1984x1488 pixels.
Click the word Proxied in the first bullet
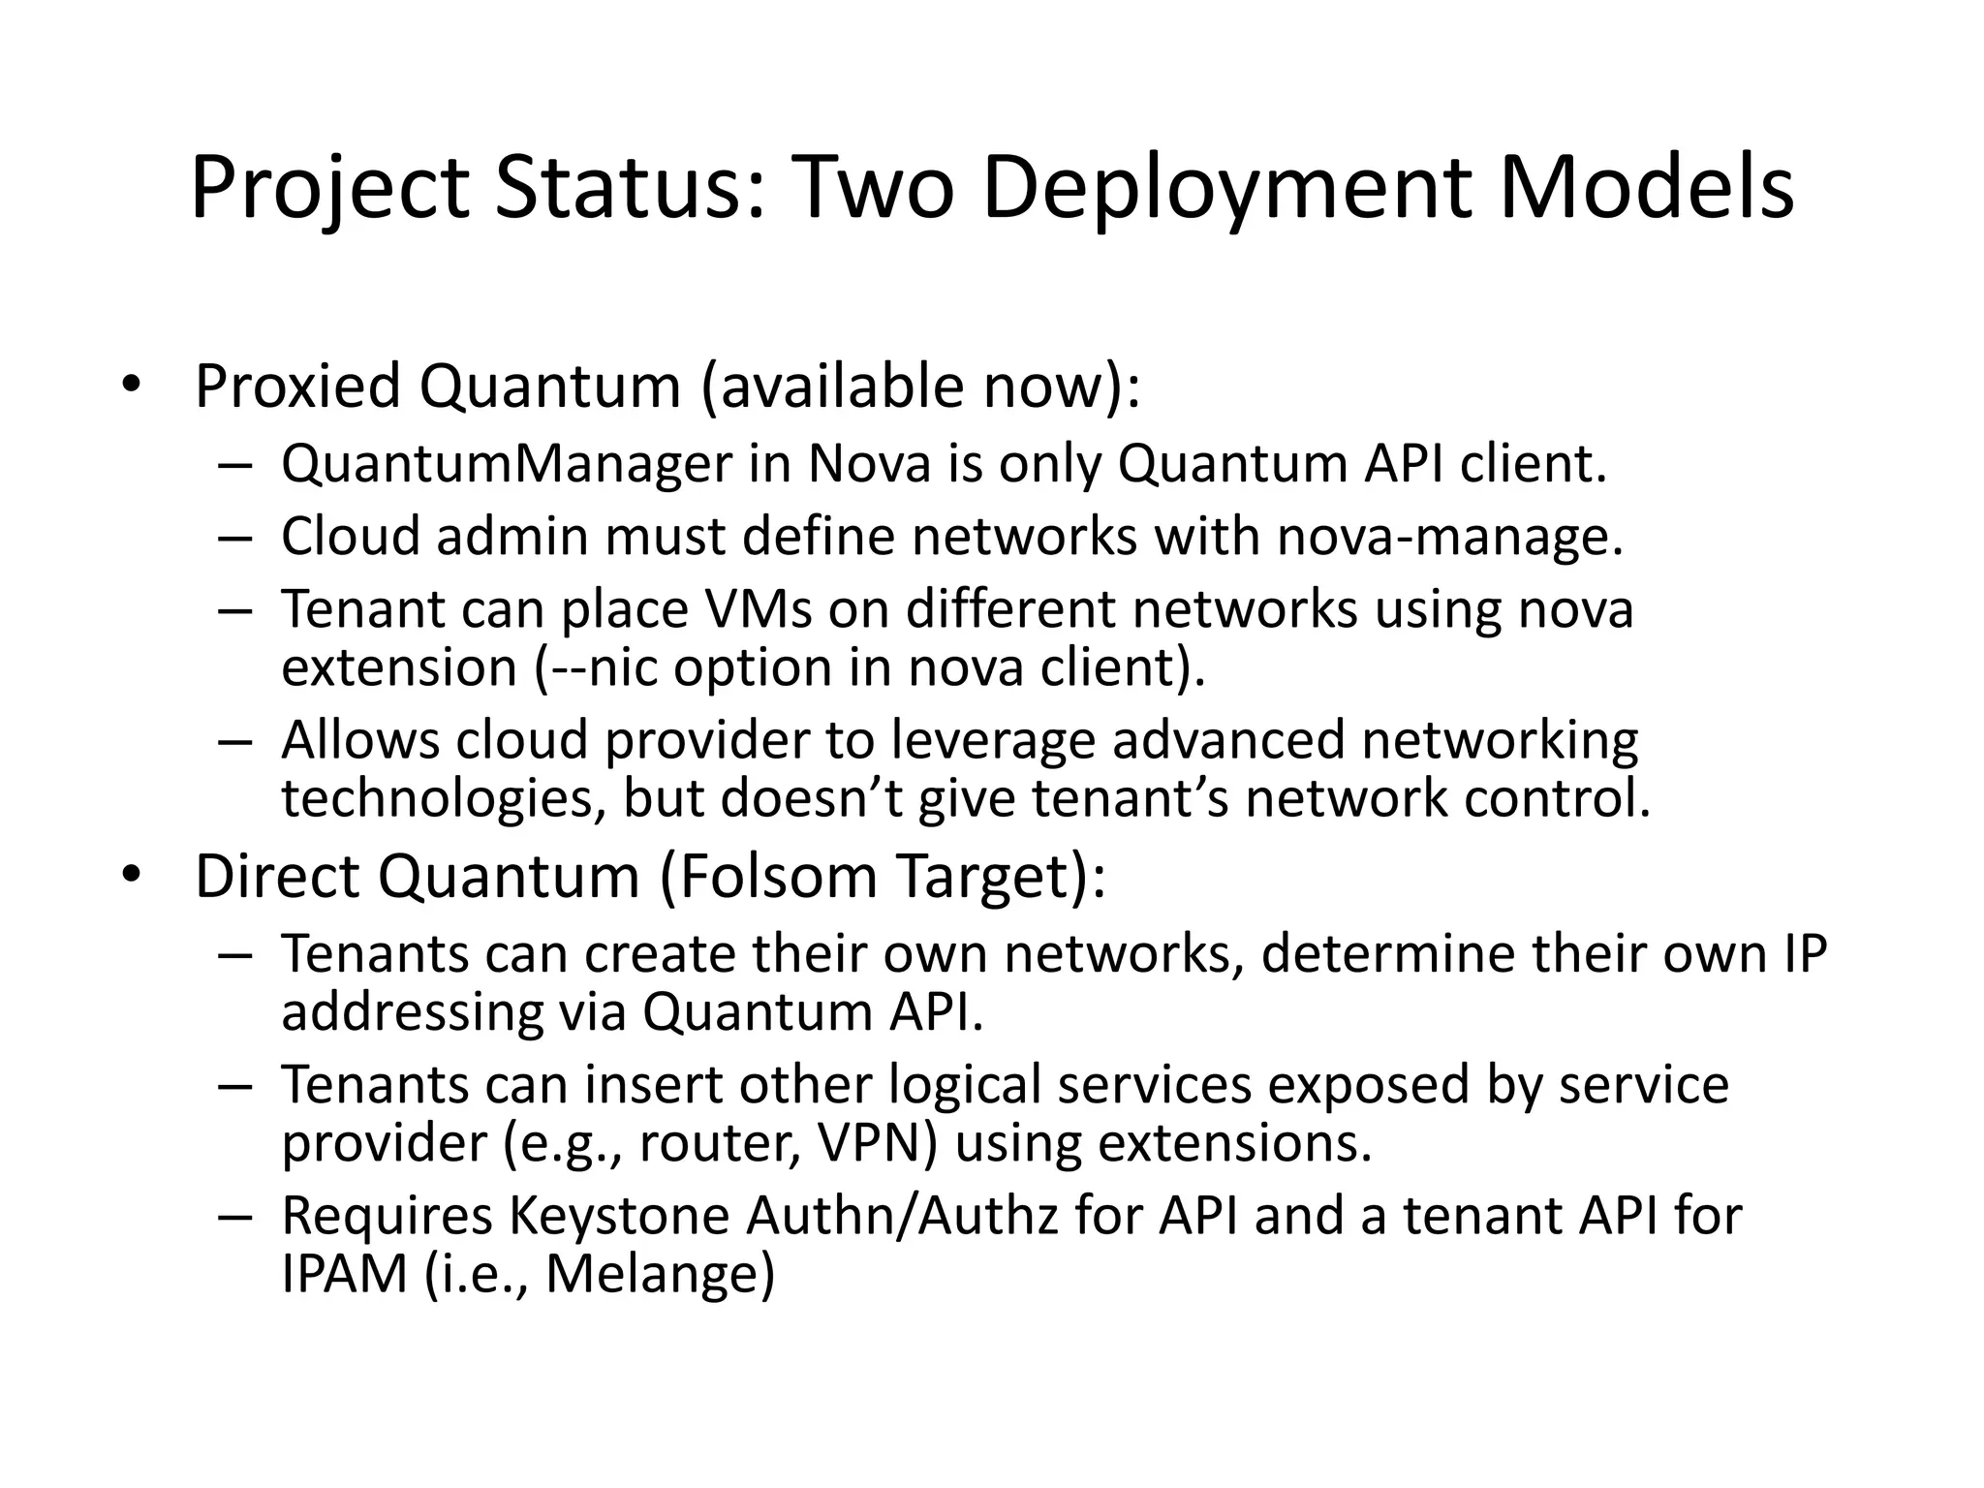point(297,387)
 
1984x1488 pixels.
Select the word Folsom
point(778,877)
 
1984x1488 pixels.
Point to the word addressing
point(412,1012)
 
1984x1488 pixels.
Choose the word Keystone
point(619,1216)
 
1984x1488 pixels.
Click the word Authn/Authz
point(901,1216)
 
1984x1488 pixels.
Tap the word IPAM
point(345,1274)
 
